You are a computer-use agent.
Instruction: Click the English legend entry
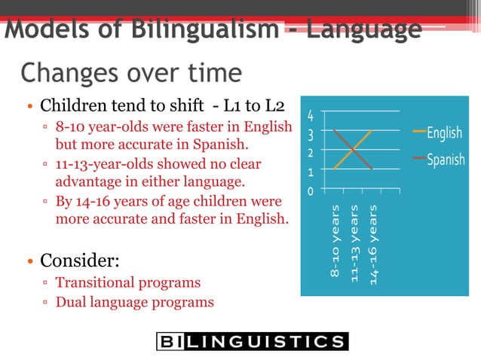coord(444,133)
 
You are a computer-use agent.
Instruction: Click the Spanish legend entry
coord(445,160)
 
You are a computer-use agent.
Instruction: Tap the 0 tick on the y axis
coord(310,192)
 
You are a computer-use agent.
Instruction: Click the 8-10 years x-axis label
coord(335,240)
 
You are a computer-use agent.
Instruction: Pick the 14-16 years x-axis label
coord(373,240)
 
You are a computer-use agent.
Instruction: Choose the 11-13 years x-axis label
coord(354,240)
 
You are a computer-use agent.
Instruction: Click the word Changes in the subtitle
coord(67,73)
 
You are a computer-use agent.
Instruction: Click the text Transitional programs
coord(128,283)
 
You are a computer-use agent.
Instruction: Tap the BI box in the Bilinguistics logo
coord(170,341)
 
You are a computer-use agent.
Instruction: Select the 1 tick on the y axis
coord(310,172)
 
